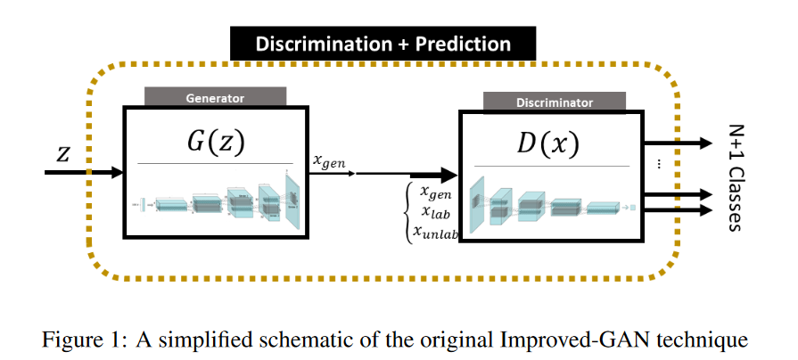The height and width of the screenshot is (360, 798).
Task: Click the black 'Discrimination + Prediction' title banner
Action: point(383,44)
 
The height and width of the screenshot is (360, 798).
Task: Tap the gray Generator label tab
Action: point(214,97)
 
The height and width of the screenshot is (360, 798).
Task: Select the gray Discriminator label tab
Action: point(554,102)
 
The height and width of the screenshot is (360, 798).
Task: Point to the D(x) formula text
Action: point(553,145)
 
